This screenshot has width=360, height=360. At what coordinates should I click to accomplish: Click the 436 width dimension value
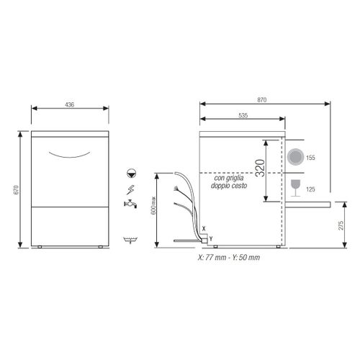click(x=69, y=104)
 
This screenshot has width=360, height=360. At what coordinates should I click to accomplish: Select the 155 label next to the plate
click(x=311, y=157)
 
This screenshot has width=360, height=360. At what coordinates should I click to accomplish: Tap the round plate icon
click(x=295, y=157)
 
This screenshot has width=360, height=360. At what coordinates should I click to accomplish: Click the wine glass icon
click(x=295, y=188)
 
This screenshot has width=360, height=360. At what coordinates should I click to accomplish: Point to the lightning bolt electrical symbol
click(x=130, y=189)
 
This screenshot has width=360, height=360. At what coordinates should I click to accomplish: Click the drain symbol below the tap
click(x=130, y=238)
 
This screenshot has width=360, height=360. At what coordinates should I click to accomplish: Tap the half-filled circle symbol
click(x=130, y=173)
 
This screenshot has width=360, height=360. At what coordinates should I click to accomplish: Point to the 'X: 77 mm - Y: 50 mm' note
click(x=229, y=257)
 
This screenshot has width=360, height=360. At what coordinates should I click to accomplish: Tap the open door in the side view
click(x=310, y=204)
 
